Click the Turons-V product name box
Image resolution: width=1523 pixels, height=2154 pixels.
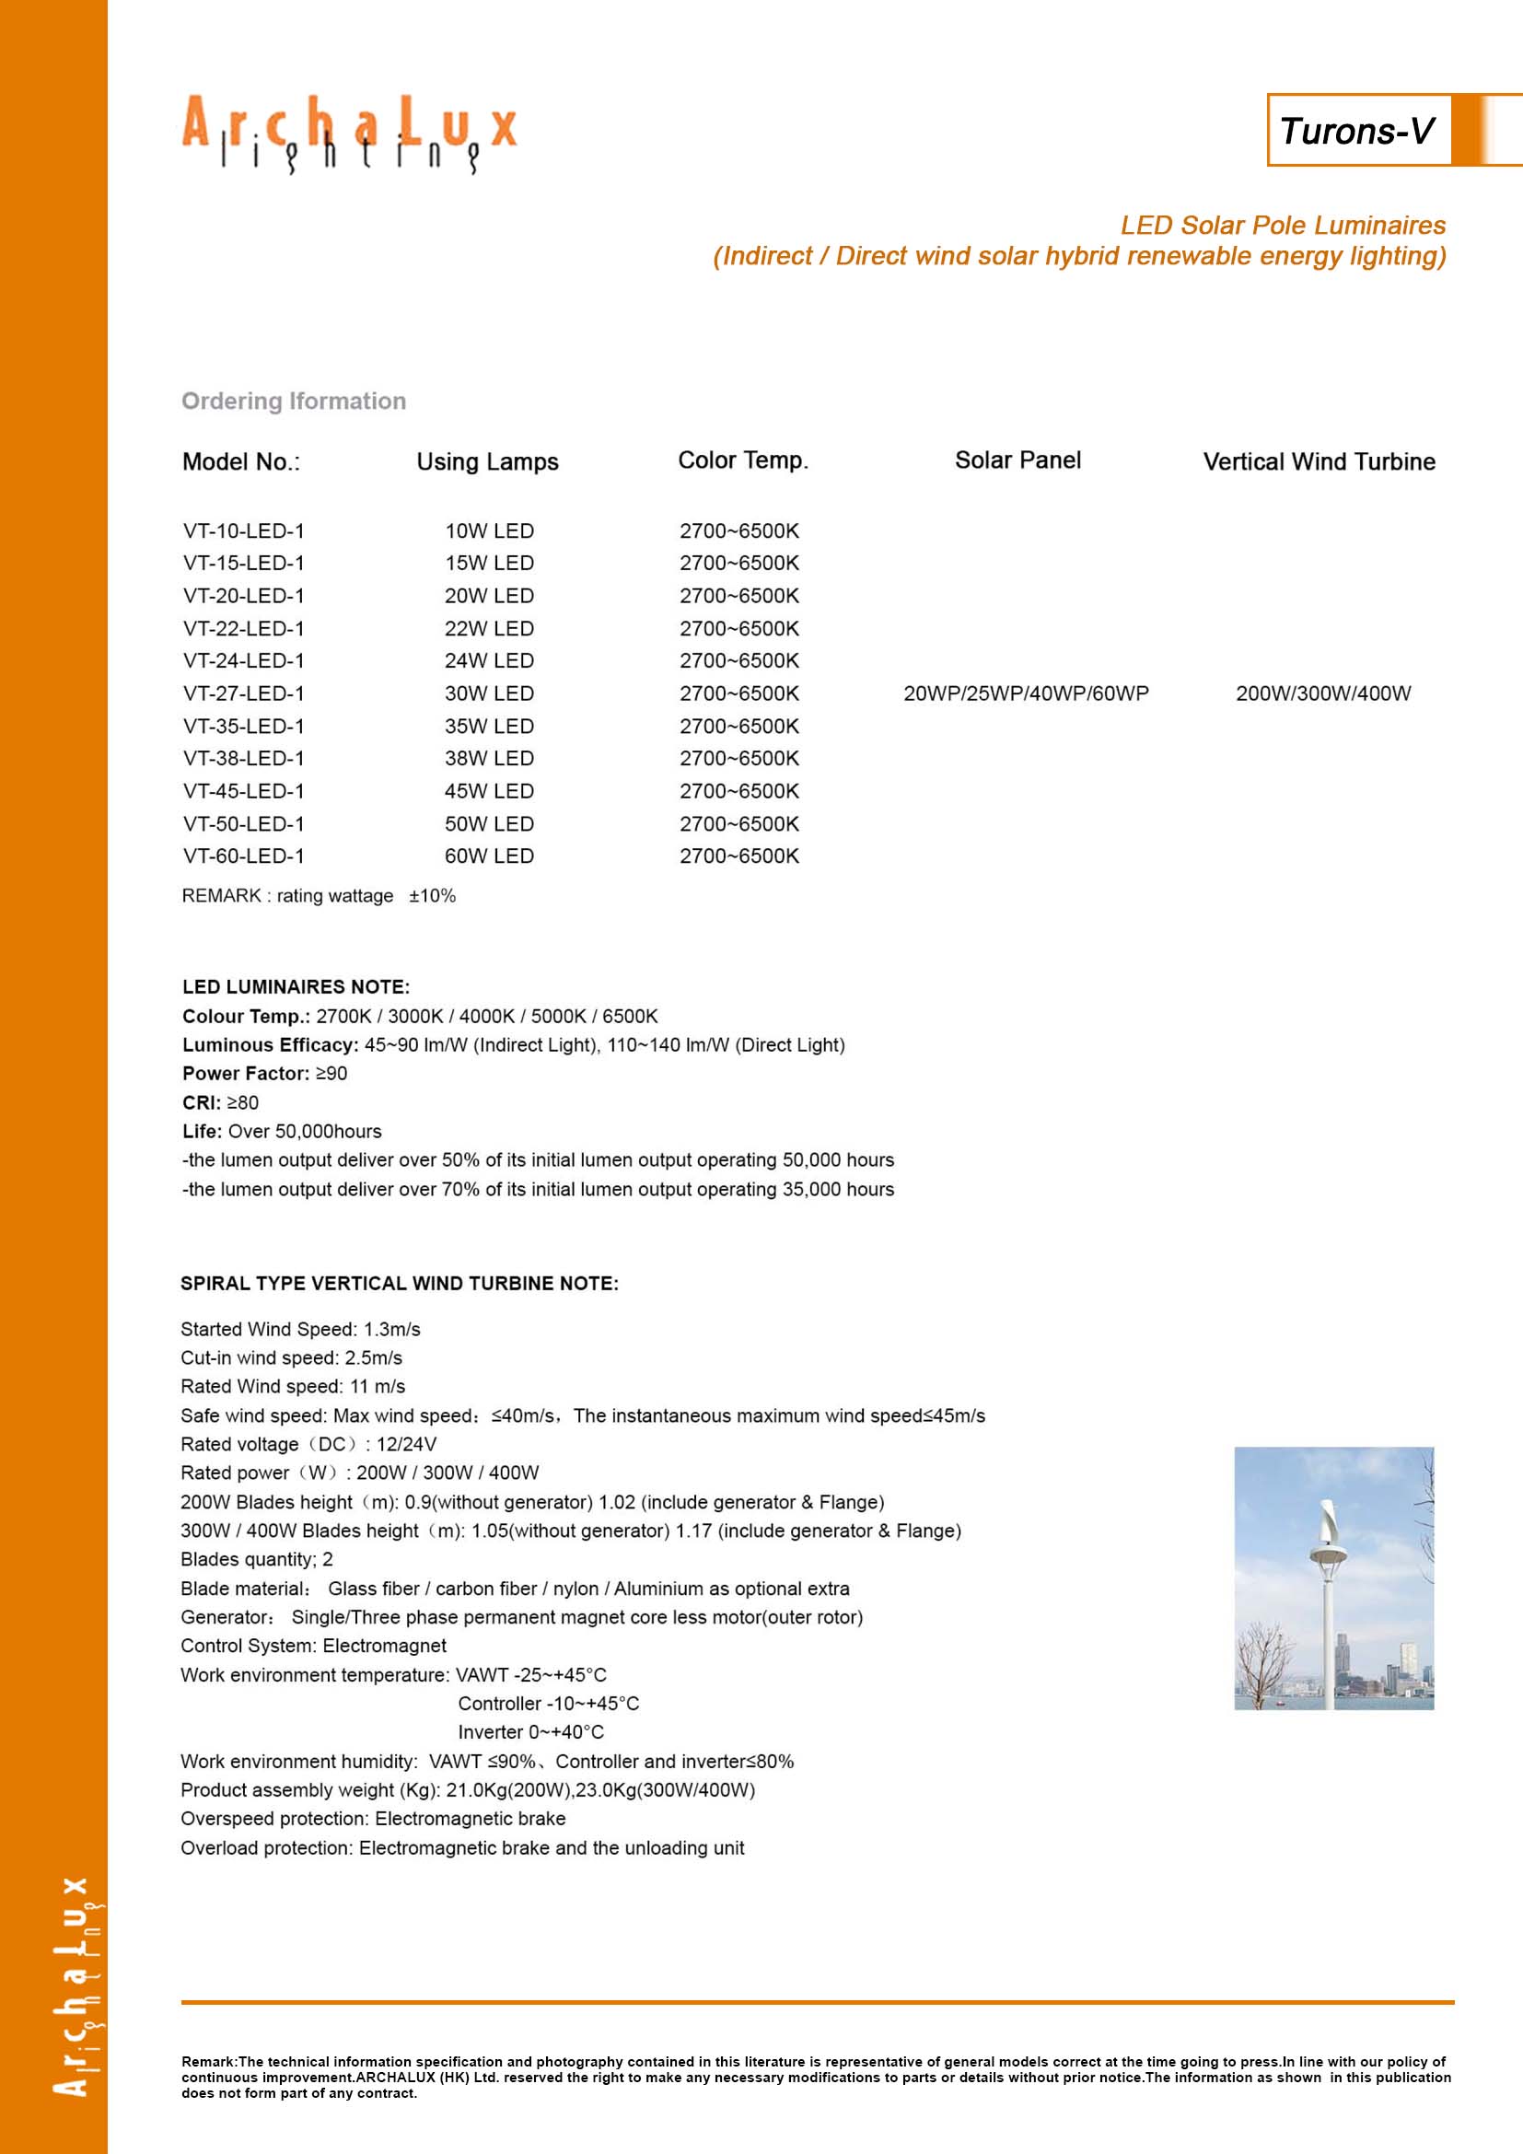(1357, 131)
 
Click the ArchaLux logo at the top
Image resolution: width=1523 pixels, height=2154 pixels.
(349, 133)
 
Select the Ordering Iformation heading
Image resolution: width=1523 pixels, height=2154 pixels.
(294, 402)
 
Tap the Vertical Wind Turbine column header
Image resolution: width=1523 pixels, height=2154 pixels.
(1319, 461)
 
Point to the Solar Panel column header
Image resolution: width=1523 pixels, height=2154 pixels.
(1017, 460)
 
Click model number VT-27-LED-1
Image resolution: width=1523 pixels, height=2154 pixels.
(244, 694)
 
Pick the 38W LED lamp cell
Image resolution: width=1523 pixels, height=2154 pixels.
(489, 759)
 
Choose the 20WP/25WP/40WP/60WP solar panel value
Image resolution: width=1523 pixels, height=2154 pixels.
(1026, 694)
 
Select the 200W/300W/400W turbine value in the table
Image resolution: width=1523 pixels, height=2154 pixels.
(1322, 694)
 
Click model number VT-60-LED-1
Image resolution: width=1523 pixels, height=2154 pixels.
(244, 856)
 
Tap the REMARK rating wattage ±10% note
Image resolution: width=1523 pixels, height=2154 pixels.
(319, 896)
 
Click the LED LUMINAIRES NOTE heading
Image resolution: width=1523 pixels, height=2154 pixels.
(296, 987)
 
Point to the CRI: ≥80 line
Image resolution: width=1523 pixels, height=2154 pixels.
(220, 1103)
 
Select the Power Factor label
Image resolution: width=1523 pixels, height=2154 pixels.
(245, 1074)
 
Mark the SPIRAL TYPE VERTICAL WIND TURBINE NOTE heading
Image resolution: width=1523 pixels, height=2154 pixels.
(400, 1284)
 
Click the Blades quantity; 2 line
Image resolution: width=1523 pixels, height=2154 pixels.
(257, 1559)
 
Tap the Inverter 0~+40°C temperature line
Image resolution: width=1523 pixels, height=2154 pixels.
(530, 1732)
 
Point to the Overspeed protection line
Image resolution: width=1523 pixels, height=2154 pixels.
(373, 1818)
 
